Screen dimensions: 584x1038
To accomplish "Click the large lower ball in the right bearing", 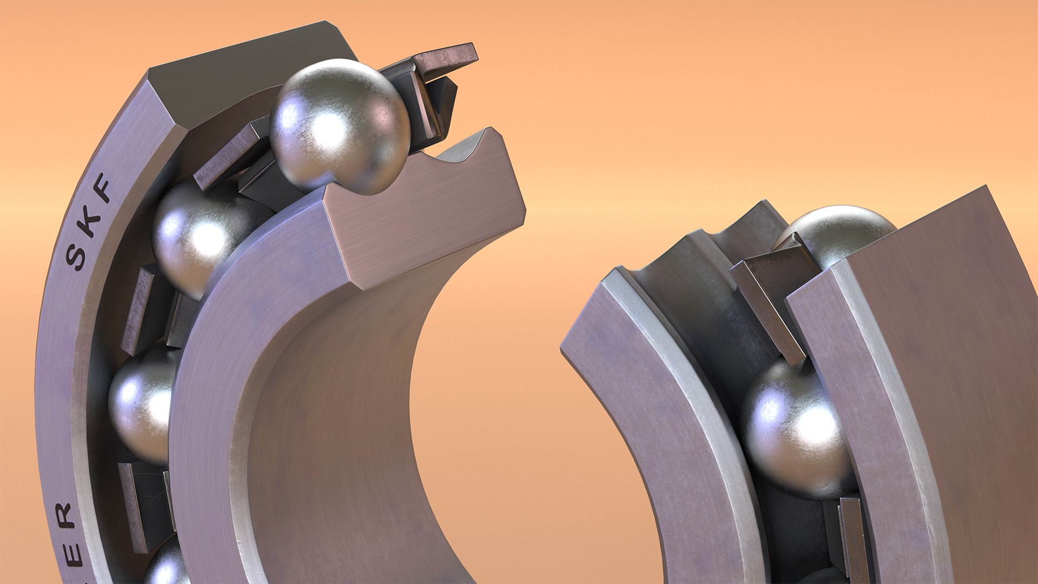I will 792,427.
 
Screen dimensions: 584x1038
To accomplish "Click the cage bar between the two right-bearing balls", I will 768,308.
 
